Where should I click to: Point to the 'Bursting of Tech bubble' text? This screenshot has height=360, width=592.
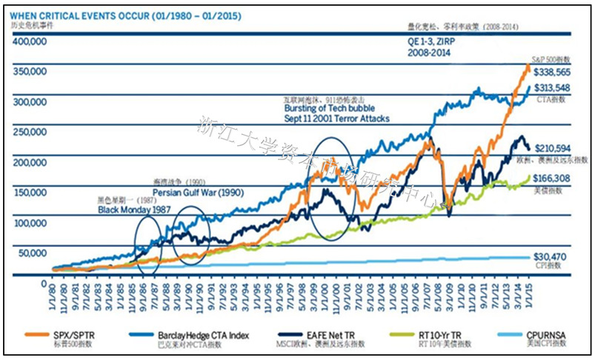click(327, 108)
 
